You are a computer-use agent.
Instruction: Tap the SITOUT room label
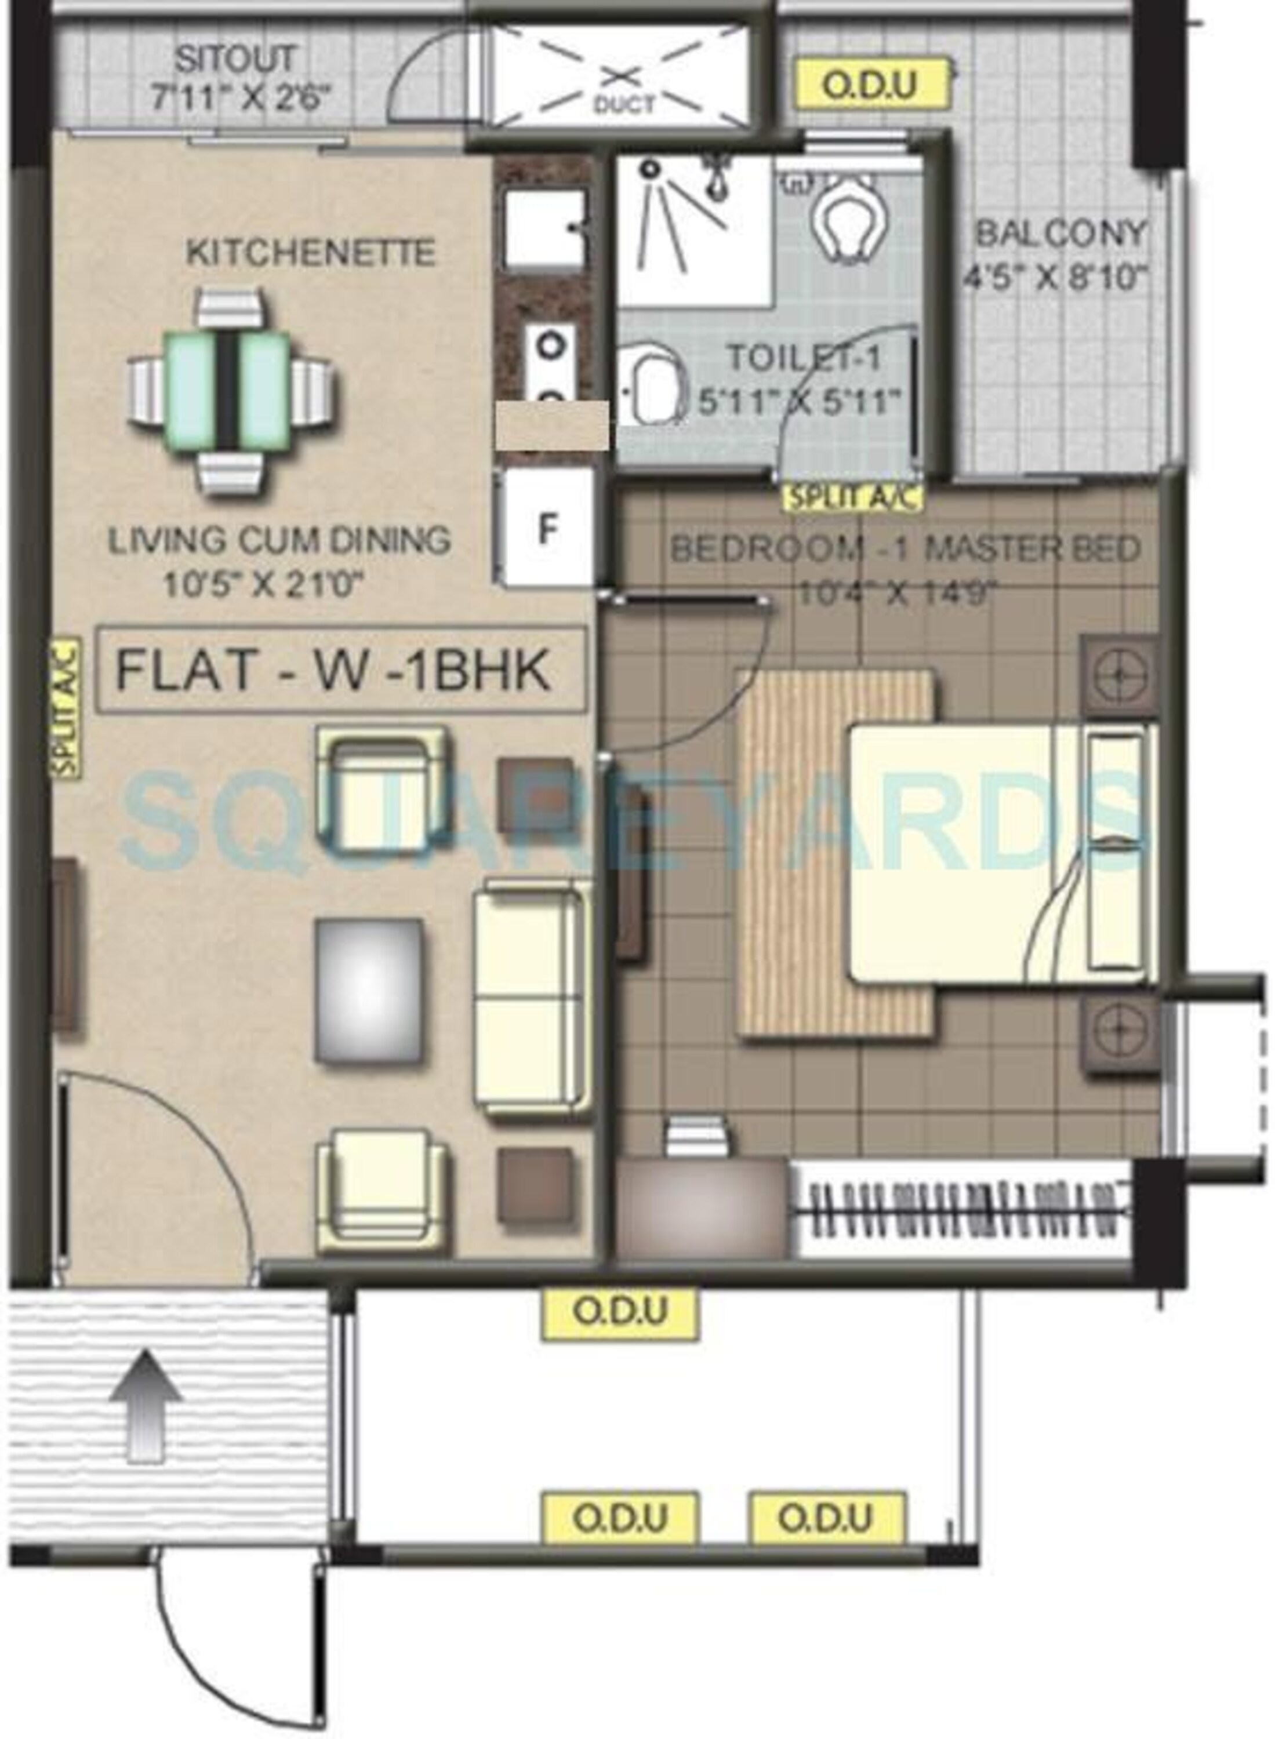(235, 59)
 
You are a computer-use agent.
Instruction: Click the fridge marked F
(546, 527)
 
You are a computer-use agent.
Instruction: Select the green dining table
(228, 391)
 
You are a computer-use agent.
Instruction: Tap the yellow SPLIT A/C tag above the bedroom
(853, 497)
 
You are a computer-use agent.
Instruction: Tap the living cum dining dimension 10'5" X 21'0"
(263, 585)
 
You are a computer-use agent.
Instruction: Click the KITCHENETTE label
(310, 253)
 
